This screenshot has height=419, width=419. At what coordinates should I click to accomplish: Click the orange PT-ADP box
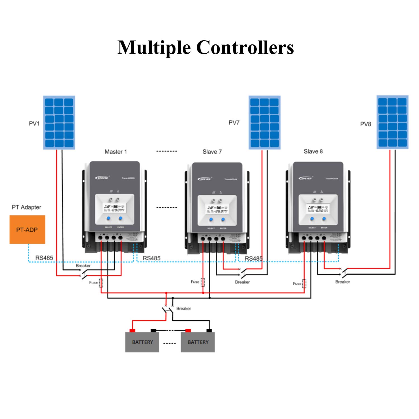27,230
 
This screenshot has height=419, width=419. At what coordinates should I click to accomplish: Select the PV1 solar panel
59,122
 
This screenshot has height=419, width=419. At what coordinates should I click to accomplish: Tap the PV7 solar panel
264,122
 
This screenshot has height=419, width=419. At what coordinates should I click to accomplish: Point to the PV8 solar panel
392,122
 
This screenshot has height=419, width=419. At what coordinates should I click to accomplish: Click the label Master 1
116,152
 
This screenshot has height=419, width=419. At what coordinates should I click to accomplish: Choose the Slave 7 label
212,152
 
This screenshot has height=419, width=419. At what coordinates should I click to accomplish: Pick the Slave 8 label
313,151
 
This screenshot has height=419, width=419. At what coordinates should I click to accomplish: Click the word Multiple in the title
154,47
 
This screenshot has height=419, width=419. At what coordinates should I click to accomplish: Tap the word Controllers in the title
245,47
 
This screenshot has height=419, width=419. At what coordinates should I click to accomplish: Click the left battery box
142,342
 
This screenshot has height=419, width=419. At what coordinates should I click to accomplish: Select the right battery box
198,342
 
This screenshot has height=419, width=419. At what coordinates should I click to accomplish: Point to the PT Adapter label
26,207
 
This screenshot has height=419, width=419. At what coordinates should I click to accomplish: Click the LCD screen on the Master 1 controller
115,208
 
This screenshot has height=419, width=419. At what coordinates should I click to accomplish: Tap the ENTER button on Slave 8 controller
324,219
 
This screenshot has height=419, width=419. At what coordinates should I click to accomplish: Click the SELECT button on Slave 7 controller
211,220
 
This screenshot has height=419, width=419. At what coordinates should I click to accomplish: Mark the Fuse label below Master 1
93,283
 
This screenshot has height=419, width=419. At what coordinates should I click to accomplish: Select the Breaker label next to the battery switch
184,308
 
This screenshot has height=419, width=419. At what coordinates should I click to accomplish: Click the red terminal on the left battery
132,331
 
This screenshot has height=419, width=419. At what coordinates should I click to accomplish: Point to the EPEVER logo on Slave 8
306,178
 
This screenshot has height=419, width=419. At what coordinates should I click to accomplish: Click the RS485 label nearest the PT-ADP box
44,258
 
